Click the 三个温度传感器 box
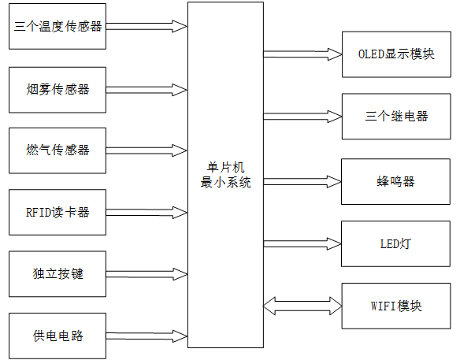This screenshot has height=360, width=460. tap(57, 26)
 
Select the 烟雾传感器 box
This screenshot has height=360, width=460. tap(57, 89)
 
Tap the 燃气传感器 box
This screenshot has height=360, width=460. tap(57, 150)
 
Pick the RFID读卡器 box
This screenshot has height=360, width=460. tap(57, 212)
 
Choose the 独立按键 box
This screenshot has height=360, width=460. tap(57, 274)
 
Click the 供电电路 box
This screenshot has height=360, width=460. tap(57, 336)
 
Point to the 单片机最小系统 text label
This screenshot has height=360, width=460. tap(225, 175)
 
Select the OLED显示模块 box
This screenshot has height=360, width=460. tap(396, 54)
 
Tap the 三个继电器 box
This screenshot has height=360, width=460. tap(396, 116)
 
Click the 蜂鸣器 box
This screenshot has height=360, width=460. tap(396, 181)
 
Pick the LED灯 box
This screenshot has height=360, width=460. tap(396, 243)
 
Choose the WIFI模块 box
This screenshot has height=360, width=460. tap(396, 305)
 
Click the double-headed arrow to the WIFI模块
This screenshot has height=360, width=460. tap(302, 305)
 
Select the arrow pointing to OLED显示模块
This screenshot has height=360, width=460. tap(302, 54)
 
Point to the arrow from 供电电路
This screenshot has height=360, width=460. tap(147, 336)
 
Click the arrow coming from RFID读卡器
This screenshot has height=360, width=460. tap(147, 212)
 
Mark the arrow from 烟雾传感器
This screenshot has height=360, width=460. tap(147, 89)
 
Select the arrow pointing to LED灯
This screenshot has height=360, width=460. tap(302, 243)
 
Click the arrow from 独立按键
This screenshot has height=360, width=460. tap(147, 274)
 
